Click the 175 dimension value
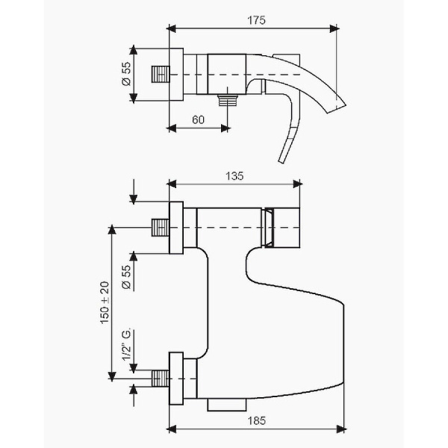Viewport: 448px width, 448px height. point(256,20)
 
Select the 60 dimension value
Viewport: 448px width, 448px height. point(198,119)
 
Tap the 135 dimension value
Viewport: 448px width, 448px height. point(234,176)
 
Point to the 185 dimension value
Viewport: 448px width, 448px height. point(256,420)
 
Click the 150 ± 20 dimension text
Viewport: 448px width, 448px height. point(105,302)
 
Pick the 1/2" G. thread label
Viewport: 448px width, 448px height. point(126,344)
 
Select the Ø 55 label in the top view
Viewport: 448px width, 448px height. point(126,74)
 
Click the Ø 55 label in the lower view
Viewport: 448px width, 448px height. point(126,277)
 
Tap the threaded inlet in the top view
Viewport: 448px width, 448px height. point(160,75)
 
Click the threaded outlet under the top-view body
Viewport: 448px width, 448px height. point(227,100)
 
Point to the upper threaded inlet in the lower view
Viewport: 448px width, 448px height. point(160,228)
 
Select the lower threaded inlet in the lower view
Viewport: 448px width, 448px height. point(160,379)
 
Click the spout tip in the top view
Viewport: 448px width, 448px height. point(337,108)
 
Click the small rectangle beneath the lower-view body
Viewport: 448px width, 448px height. point(227,405)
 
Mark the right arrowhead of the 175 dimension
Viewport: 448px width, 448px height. point(335,28)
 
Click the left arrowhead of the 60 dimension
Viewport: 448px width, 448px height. point(171,128)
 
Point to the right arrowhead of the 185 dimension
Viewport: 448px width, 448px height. point(342,429)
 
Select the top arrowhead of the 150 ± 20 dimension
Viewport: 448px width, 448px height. point(112,229)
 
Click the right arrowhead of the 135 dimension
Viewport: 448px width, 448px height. point(297,184)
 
